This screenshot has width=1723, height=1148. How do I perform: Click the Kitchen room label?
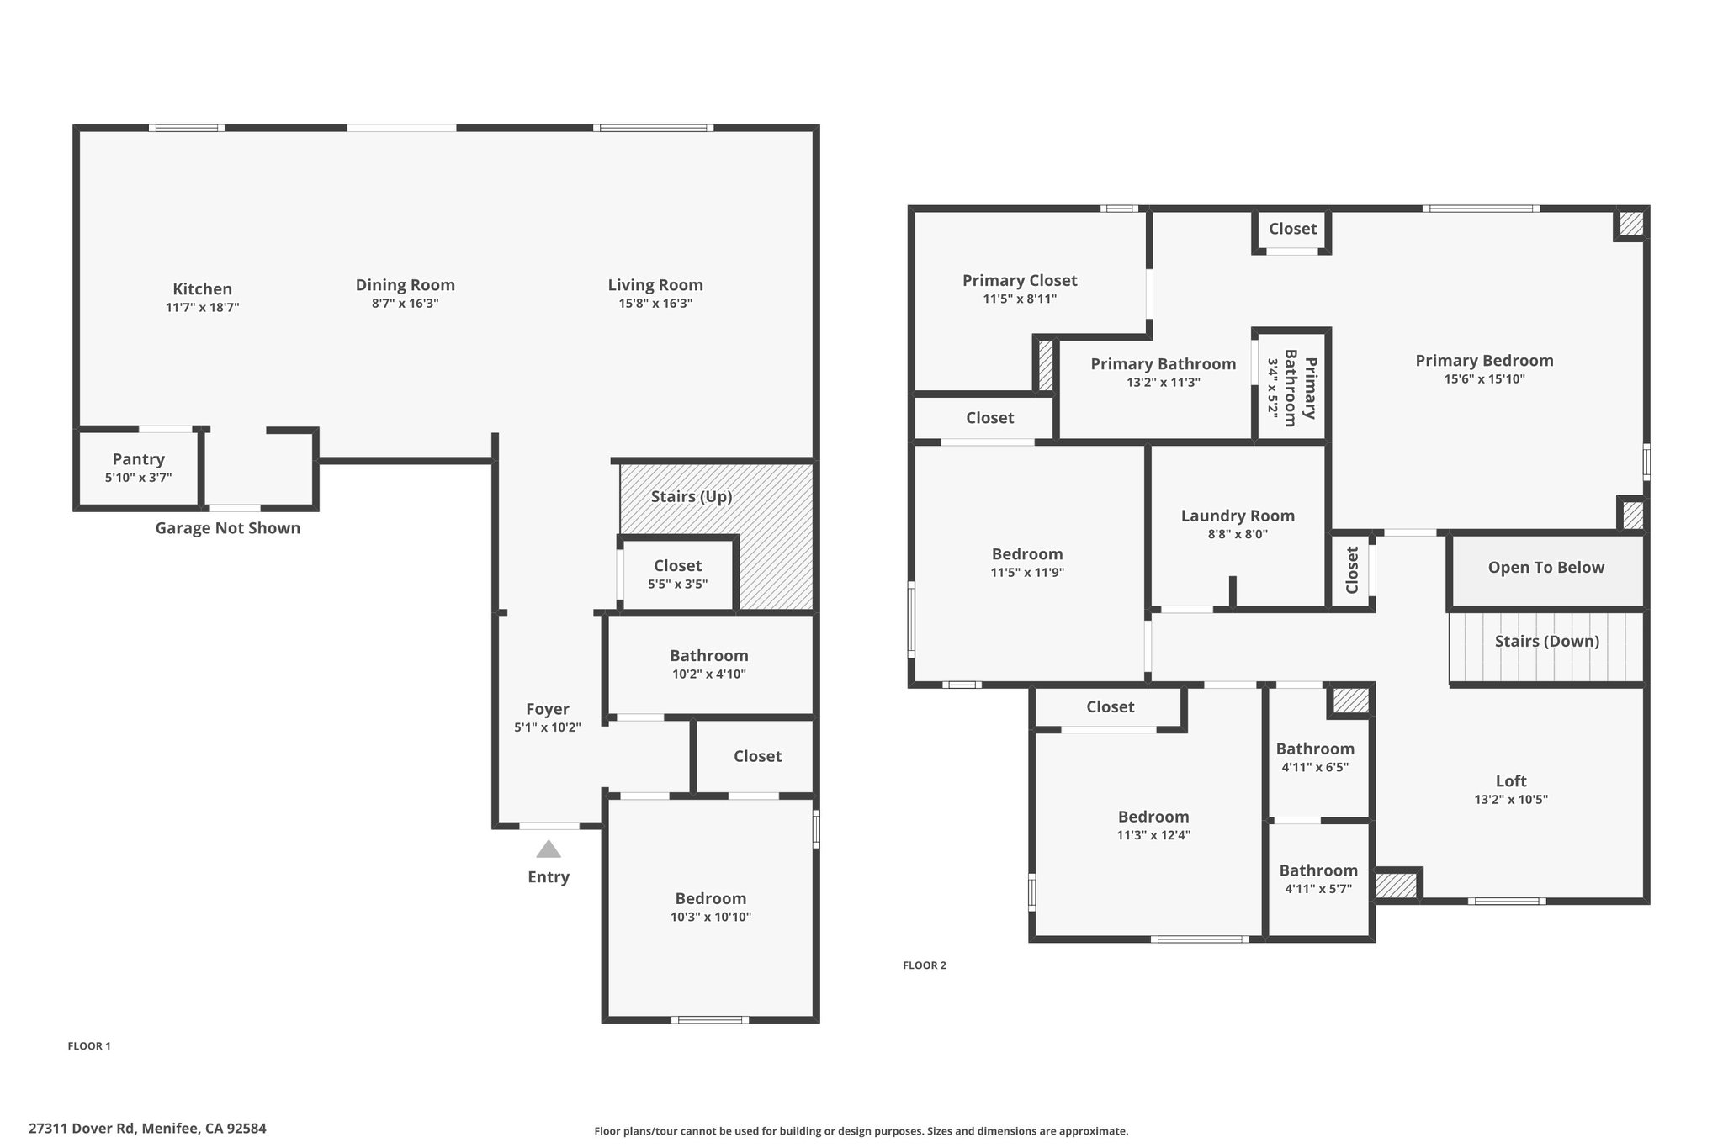(x=202, y=289)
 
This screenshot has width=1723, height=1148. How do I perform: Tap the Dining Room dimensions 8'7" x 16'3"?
(x=406, y=304)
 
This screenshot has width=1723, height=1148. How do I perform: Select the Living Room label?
(x=655, y=285)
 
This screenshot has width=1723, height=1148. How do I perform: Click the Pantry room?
(x=139, y=468)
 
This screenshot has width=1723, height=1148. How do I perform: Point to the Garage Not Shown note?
(x=228, y=528)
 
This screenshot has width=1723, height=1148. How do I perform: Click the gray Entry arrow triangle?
(x=549, y=849)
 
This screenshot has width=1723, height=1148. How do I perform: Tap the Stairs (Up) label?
(x=692, y=497)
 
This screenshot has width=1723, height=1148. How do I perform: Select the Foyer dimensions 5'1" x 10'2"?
(x=548, y=727)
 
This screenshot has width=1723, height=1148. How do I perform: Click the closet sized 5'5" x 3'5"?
(x=678, y=574)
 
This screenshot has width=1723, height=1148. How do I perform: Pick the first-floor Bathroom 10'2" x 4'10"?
(x=709, y=664)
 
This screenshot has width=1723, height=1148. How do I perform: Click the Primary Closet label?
(x=1020, y=281)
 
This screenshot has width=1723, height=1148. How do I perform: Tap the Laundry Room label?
(x=1238, y=516)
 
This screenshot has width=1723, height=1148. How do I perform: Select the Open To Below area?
(x=1546, y=570)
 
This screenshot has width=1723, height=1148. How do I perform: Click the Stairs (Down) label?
(x=1547, y=642)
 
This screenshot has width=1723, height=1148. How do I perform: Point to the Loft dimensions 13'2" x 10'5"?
(x=1511, y=800)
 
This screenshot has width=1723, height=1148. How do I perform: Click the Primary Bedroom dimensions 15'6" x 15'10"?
(x=1485, y=379)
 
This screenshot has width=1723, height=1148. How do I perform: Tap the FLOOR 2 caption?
(x=925, y=965)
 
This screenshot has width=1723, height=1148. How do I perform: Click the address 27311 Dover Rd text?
(x=82, y=1129)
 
